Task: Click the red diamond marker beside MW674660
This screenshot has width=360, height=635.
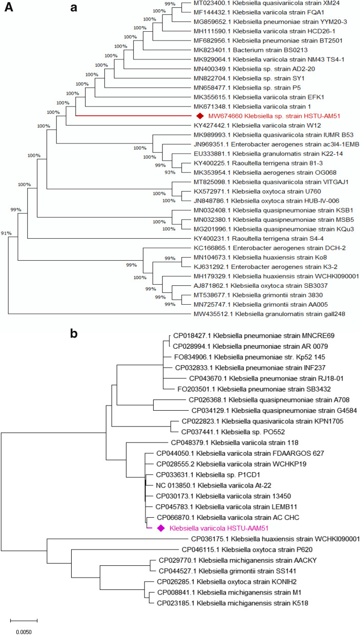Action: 200,116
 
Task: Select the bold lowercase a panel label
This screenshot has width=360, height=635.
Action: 75,8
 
